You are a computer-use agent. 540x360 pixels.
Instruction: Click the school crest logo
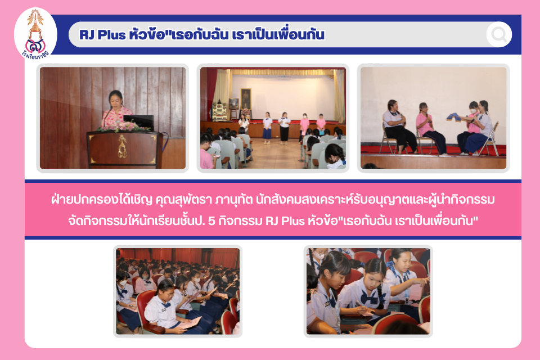click(35, 34)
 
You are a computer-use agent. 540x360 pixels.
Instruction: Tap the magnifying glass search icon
click(499, 34)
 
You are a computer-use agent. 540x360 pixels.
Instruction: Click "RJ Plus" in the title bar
click(102, 35)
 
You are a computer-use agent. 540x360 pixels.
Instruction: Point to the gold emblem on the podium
click(122, 146)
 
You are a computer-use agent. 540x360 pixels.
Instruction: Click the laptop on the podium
click(138, 122)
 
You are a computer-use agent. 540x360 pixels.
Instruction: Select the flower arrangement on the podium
click(121, 127)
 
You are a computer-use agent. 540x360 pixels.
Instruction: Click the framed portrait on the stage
click(246, 98)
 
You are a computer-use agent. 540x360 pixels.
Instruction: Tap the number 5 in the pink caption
click(212, 220)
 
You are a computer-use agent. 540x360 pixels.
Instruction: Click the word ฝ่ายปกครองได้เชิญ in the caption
click(102, 200)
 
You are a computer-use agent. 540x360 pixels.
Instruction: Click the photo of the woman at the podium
click(112, 118)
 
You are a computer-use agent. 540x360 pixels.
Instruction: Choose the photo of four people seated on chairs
click(433, 118)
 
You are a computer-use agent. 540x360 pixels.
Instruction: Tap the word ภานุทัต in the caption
click(234, 200)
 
